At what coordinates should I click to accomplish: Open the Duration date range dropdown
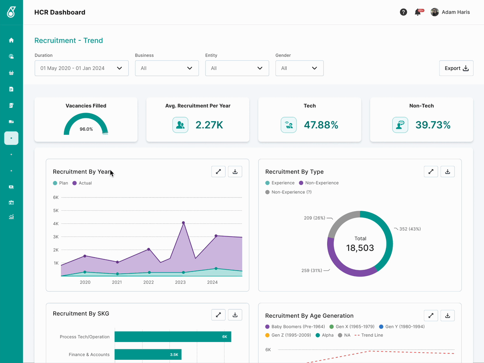pyautogui.click(x=81, y=68)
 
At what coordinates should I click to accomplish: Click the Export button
pyautogui.click(x=456, y=68)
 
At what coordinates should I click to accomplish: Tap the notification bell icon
pyautogui.click(x=417, y=12)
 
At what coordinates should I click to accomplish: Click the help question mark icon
pyautogui.click(x=403, y=12)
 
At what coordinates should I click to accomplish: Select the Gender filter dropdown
pyautogui.click(x=299, y=68)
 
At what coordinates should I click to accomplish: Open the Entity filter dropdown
pyautogui.click(x=237, y=68)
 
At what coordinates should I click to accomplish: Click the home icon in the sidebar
pyautogui.click(x=11, y=40)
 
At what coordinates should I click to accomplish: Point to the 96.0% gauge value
pyautogui.click(x=86, y=129)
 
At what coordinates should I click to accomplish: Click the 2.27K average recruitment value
pyautogui.click(x=209, y=125)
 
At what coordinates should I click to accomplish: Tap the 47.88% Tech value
pyautogui.click(x=321, y=125)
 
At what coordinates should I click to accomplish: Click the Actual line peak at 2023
pyautogui.click(x=183, y=222)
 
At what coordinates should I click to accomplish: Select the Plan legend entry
pyautogui.click(x=60, y=183)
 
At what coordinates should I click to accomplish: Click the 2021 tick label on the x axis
pyautogui.click(x=117, y=282)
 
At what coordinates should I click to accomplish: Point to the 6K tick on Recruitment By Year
pyautogui.click(x=56, y=197)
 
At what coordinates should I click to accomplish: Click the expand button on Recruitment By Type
pyautogui.click(x=431, y=172)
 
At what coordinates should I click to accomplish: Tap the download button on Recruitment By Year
pyautogui.click(x=235, y=172)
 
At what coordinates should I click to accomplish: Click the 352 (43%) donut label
pyautogui.click(x=410, y=229)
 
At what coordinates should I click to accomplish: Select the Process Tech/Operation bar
pyautogui.click(x=173, y=336)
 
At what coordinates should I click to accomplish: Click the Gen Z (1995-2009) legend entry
pyautogui.click(x=288, y=335)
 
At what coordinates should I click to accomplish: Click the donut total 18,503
pyautogui.click(x=360, y=248)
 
